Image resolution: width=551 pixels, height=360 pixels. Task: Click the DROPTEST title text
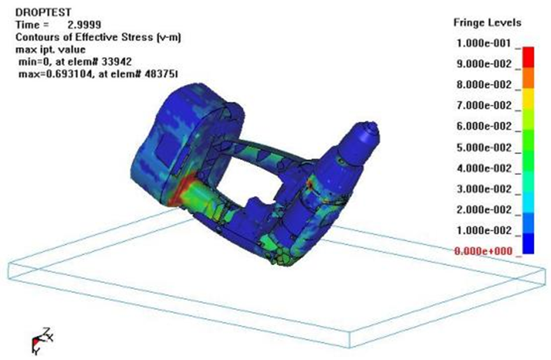pyautogui.click(x=43, y=13)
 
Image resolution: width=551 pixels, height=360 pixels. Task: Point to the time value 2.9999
pyautogui.click(x=85, y=25)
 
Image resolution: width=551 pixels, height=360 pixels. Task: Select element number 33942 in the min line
pyautogui.click(x=116, y=62)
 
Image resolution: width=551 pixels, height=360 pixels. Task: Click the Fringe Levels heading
pyautogui.click(x=487, y=23)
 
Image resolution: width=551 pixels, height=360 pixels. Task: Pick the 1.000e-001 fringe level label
pyautogui.click(x=484, y=43)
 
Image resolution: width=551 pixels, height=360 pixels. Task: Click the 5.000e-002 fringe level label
pyautogui.click(x=484, y=148)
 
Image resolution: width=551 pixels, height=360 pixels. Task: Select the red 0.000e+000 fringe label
pyautogui.click(x=484, y=251)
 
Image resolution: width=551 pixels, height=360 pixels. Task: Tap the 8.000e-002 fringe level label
pyautogui.click(x=484, y=85)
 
